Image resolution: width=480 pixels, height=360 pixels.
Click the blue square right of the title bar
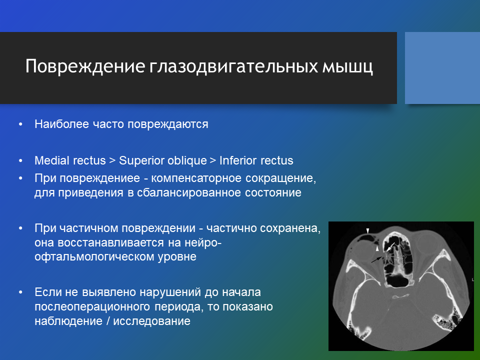[x=442, y=68]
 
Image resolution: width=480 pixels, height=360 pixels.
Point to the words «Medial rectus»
[x=70, y=160]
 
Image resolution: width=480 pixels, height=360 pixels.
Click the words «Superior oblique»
[x=163, y=160]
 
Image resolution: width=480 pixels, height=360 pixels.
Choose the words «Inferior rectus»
[x=256, y=160]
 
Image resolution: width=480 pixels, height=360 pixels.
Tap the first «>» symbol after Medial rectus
[x=112, y=160]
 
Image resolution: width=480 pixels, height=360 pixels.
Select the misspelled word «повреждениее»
[x=99, y=178]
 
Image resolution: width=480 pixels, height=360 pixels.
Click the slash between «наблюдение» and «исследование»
[x=108, y=321]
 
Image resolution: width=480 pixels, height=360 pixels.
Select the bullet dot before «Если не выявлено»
[x=20, y=292]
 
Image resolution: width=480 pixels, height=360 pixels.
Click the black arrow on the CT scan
[x=376, y=260]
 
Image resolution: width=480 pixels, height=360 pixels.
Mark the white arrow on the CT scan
[x=390, y=247]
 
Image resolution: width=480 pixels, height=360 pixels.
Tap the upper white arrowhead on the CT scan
[x=368, y=230]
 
